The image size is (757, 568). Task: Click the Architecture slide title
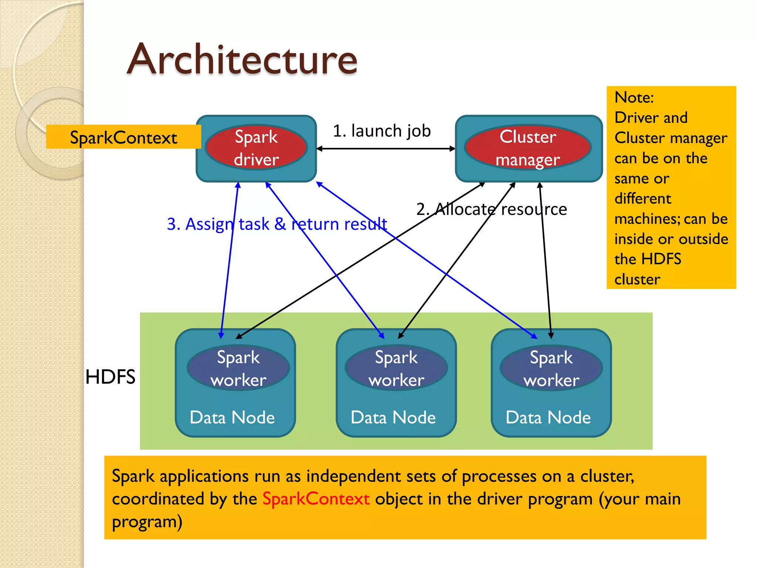coord(242,59)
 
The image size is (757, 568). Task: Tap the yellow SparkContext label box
coord(123,137)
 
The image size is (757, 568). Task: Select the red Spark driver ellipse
coord(256,148)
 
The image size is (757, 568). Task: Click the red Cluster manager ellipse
coord(528,148)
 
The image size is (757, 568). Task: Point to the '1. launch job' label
coord(381,131)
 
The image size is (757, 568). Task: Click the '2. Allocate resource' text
coord(492,209)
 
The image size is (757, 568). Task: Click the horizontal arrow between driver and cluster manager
coord(386,149)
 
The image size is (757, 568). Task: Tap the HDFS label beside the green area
coord(110,377)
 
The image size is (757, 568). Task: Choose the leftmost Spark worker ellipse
coord(238,368)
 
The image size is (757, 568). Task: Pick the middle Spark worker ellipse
coord(396,368)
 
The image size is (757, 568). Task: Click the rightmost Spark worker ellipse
coord(551,368)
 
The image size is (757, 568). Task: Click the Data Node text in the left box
coord(232,417)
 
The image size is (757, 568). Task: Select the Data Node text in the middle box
coord(393,417)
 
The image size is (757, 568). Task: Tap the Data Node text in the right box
coord(548,417)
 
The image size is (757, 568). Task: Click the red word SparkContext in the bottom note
coord(316,498)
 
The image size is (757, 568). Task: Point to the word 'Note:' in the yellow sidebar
coord(634,97)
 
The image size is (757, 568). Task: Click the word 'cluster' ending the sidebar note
coord(637,279)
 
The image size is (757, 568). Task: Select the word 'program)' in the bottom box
coord(147,522)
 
